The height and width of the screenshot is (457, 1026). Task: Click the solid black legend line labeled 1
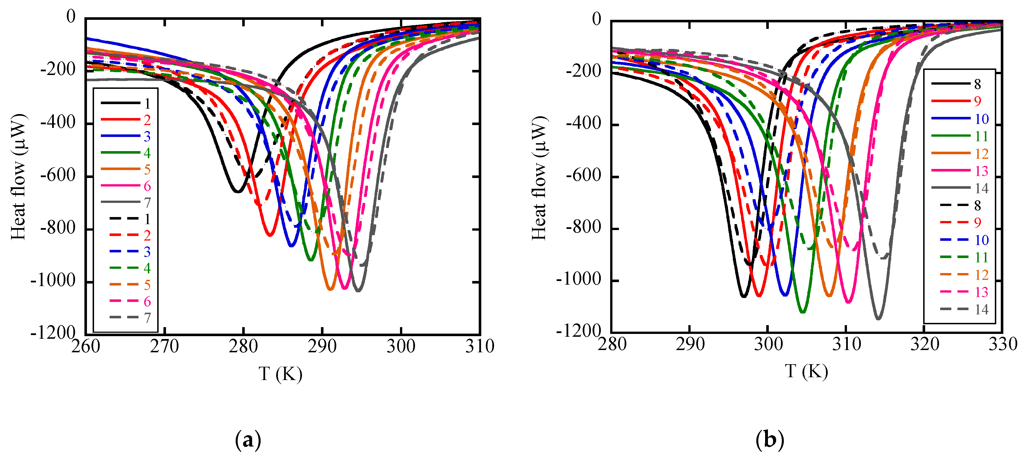[x=121, y=103]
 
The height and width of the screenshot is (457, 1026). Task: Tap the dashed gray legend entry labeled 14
[x=954, y=309]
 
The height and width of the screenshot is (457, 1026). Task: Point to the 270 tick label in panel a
[x=164, y=346]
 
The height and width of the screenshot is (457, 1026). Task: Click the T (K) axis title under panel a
[x=280, y=374]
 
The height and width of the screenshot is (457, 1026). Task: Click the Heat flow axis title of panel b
[x=540, y=178]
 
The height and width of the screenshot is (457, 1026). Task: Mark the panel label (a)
[x=248, y=440]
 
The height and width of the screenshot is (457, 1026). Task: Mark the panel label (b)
[x=769, y=440]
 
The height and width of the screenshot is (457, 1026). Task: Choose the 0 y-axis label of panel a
[x=71, y=17]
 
